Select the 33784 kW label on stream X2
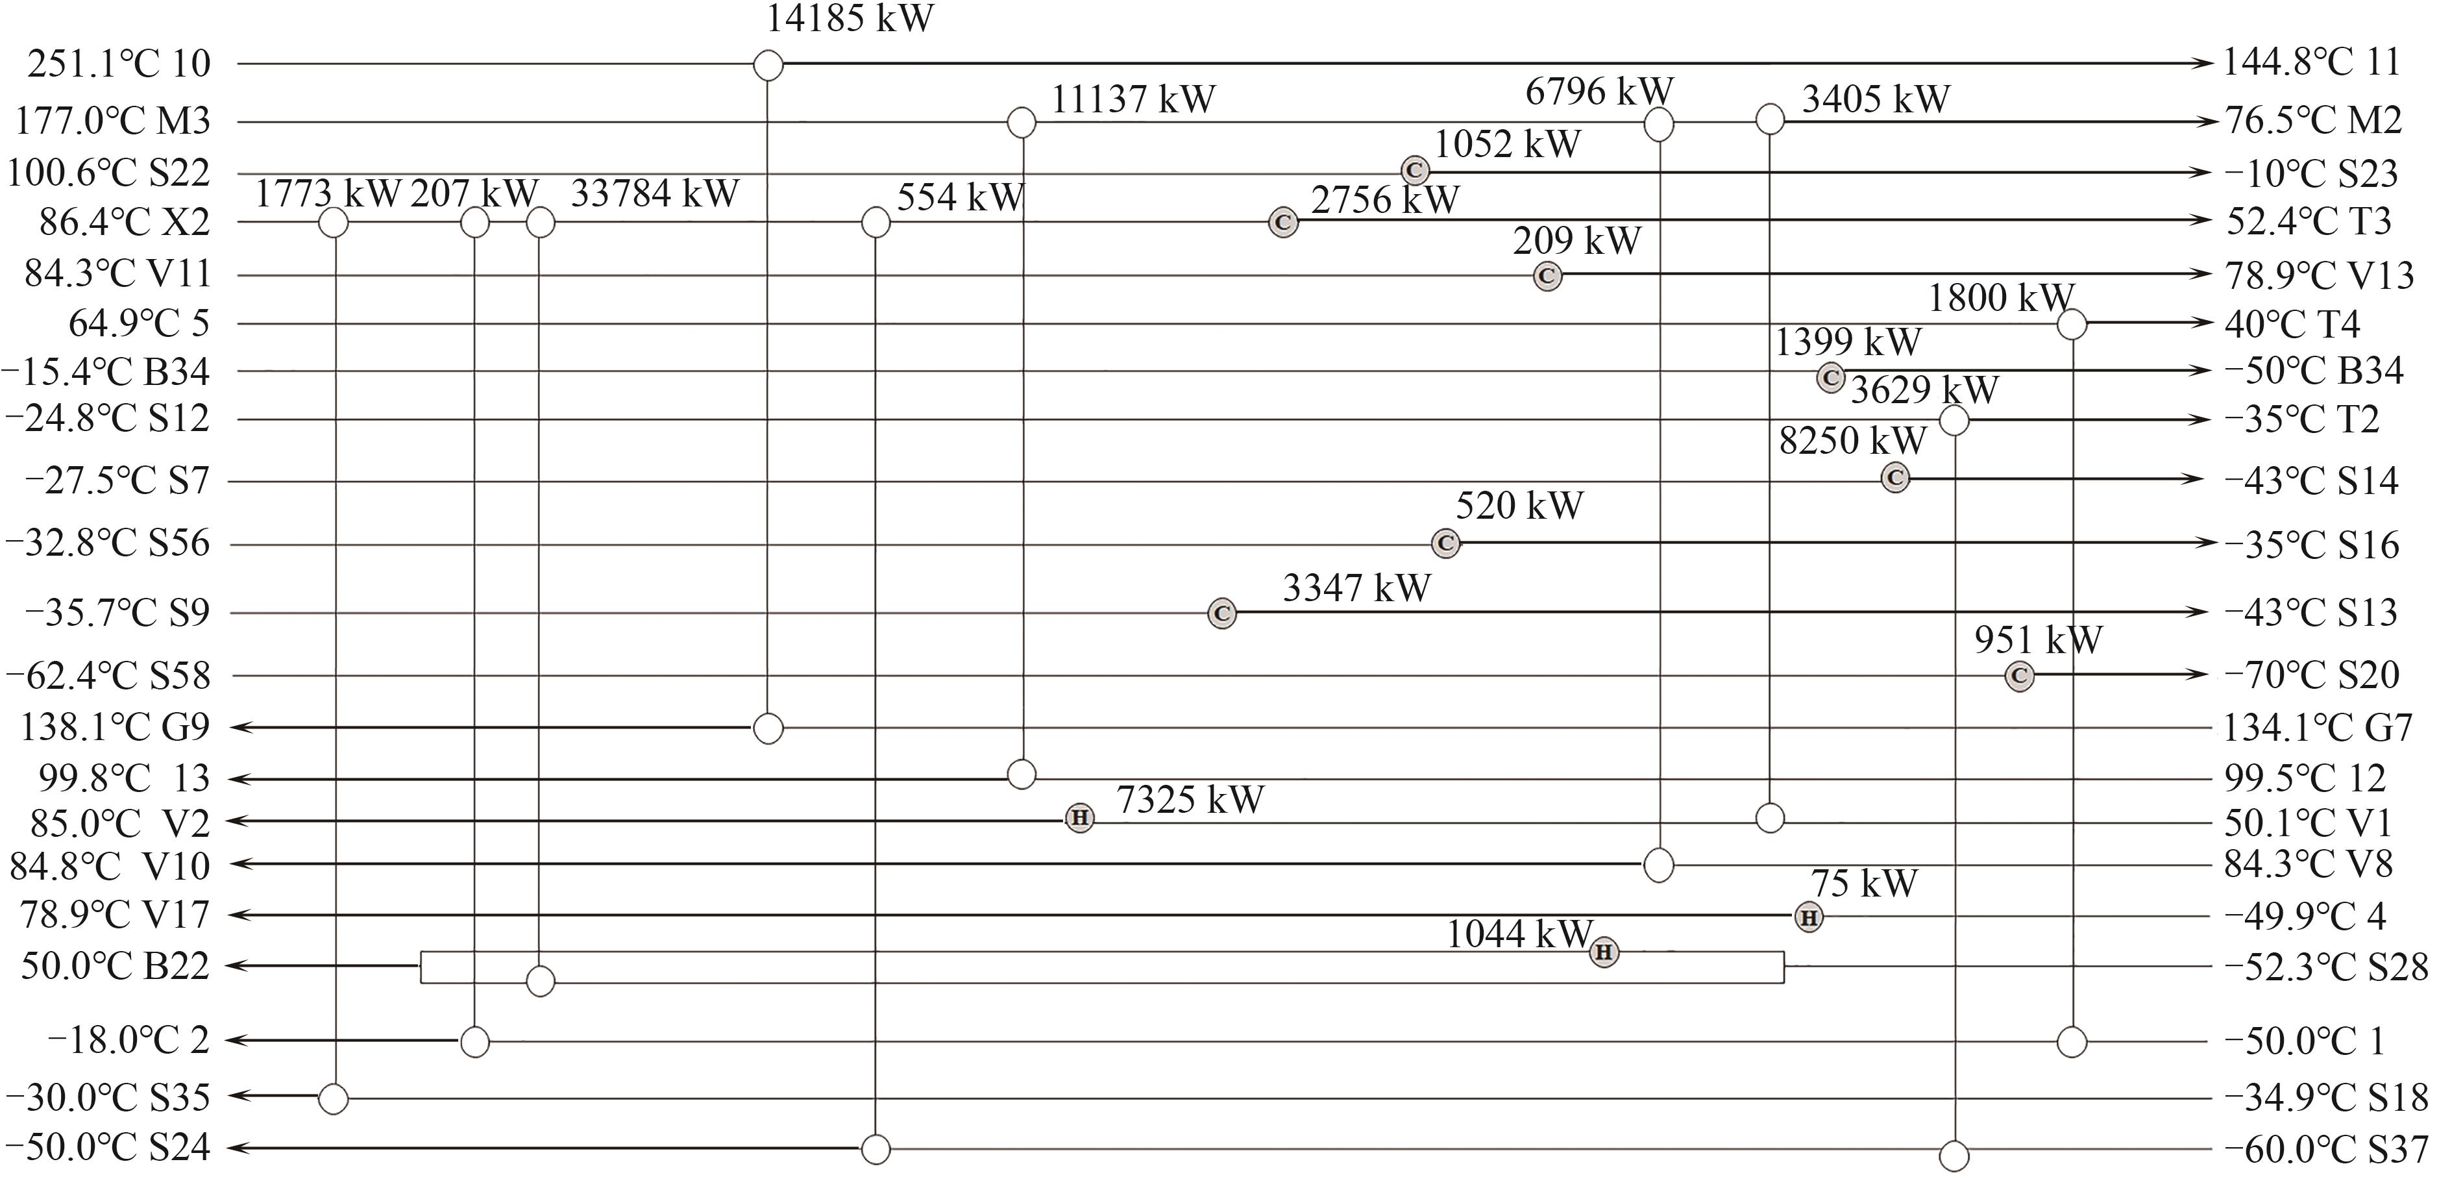655,194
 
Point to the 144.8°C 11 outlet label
2312,63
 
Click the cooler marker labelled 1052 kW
1415,171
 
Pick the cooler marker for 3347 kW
1222,613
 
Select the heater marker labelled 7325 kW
1079,819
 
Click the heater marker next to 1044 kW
1604,952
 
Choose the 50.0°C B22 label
115,967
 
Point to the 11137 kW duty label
1133,99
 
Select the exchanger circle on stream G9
768,728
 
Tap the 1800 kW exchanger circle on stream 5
2071,324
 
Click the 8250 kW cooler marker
1895,477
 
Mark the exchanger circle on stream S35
333,1098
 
